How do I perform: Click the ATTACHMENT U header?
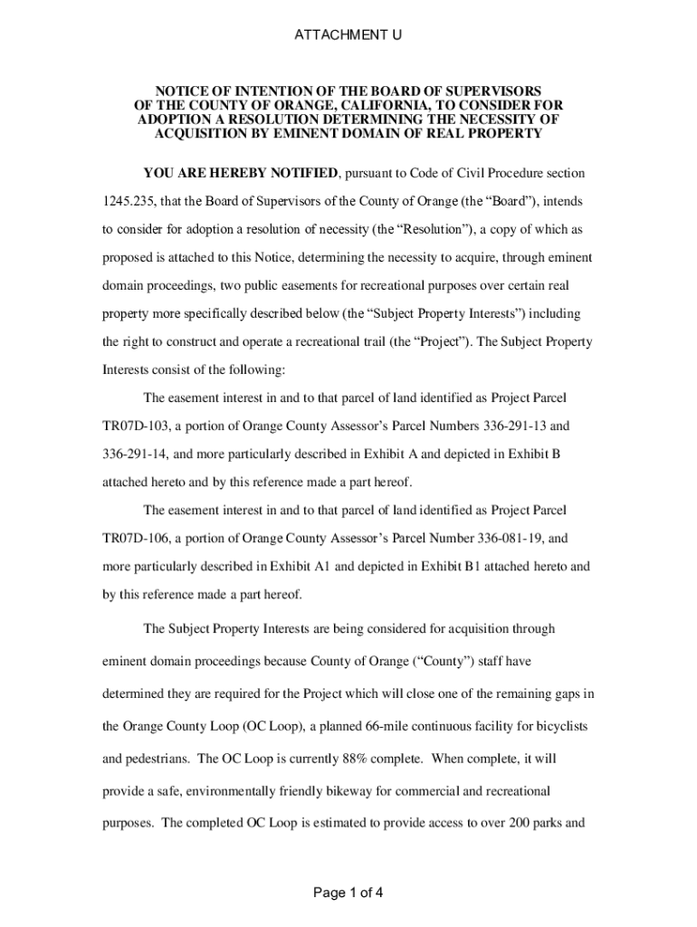(x=348, y=35)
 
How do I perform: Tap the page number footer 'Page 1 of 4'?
(x=348, y=894)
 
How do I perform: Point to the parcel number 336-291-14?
(x=136, y=454)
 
